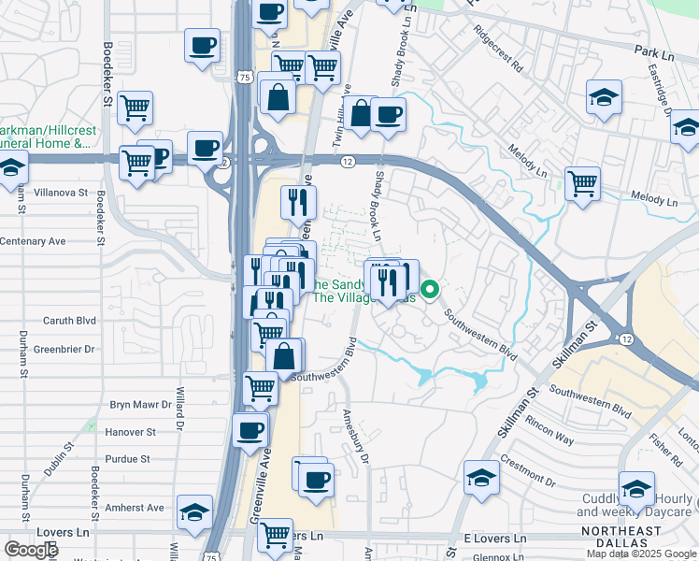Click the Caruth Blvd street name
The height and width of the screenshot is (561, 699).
[x=70, y=320]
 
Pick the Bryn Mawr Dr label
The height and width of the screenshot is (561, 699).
[x=141, y=405]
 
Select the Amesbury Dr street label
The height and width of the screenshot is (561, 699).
[x=364, y=445]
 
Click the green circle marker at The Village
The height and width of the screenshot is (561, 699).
[x=429, y=289]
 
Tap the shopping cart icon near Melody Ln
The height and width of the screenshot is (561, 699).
[x=582, y=181]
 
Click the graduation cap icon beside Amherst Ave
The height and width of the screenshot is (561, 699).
[x=195, y=511]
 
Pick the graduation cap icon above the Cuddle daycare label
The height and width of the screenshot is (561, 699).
[x=636, y=487]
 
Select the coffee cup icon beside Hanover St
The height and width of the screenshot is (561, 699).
[x=250, y=430]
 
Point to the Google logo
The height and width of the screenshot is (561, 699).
[x=31, y=550]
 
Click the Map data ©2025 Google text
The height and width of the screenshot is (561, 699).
[x=642, y=554]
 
